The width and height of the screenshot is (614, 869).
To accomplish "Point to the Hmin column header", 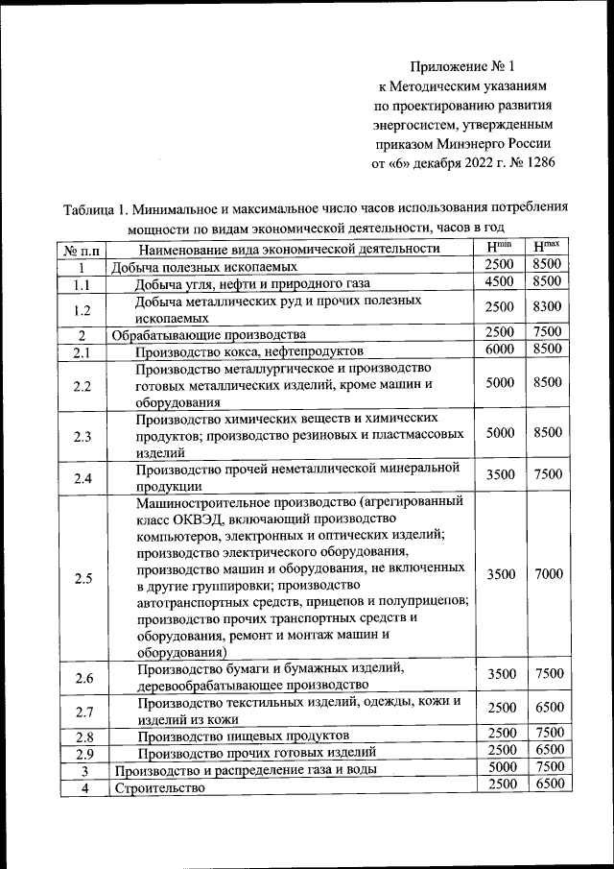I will click(x=501, y=248).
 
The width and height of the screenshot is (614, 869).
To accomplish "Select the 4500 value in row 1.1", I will click(x=501, y=282).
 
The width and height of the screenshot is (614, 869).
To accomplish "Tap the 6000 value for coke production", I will click(x=501, y=350).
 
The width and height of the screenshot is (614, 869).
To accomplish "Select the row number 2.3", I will click(x=83, y=437).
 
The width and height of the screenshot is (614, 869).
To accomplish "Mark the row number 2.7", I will click(x=83, y=712).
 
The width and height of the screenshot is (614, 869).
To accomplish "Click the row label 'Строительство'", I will click(x=160, y=789).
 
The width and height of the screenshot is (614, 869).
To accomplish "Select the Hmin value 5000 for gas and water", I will click(x=501, y=769).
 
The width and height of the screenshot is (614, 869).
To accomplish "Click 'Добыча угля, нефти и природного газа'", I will click(x=251, y=284).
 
